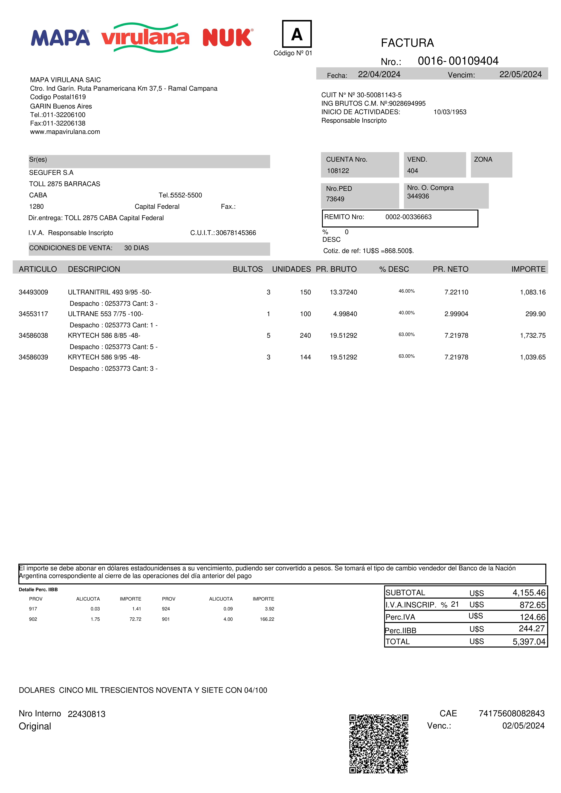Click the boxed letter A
297,34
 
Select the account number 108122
338,171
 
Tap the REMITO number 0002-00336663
408,217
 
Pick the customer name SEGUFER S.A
51,173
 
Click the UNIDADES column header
291,269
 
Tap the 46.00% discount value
406,291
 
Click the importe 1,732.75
533,335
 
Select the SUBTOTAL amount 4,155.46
529,593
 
